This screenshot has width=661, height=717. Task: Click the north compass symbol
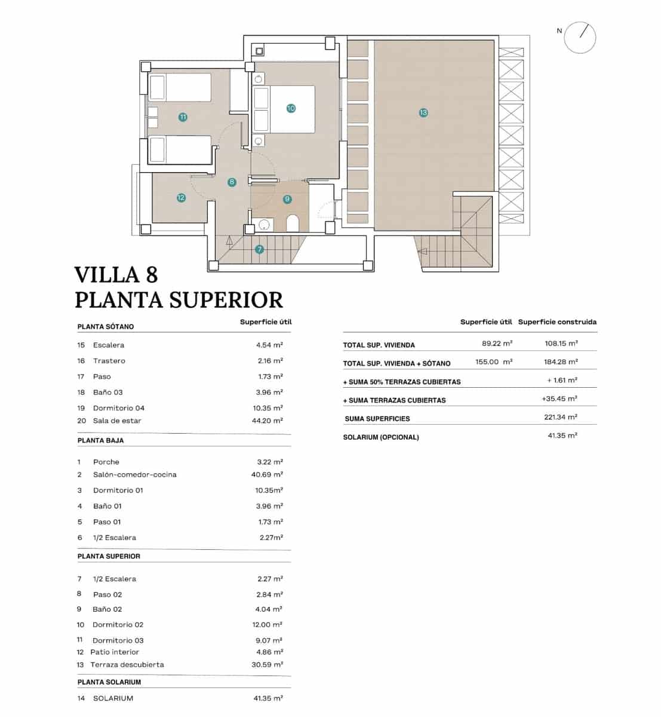(580, 37)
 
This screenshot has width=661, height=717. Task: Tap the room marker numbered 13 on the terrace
(423, 112)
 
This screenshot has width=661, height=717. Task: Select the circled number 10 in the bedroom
(291, 108)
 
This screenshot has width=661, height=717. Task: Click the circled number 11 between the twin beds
(183, 117)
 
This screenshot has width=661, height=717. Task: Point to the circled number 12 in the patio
(181, 198)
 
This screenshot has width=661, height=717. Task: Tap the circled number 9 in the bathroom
(287, 199)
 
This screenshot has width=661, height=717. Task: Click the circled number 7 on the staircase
(259, 250)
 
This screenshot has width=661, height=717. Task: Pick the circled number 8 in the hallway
(232, 182)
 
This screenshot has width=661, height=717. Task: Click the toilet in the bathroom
(293, 223)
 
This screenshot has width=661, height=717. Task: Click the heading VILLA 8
(116, 274)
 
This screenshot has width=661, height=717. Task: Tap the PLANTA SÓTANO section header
(106, 327)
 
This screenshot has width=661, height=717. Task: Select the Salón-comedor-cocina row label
(135, 474)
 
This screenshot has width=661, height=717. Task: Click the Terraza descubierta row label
(127, 664)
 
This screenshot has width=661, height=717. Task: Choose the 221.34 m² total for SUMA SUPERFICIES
(560, 417)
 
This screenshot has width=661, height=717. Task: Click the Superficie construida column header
(557, 322)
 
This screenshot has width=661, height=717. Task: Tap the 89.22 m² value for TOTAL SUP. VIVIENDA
(497, 344)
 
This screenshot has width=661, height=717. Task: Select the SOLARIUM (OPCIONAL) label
(381, 437)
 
